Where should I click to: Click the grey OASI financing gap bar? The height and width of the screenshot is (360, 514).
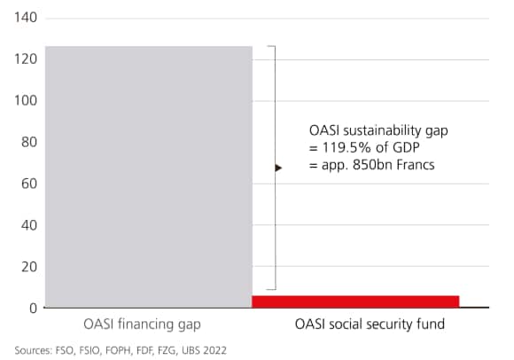click(149, 176)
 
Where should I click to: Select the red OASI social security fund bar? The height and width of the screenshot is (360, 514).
click(355, 301)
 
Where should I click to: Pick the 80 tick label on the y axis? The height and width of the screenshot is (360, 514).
click(27, 143)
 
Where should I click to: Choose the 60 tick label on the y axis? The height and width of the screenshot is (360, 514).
click(27, 184)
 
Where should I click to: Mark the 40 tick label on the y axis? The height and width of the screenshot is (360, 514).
click(27, 225)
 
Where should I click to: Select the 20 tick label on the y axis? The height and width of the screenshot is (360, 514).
click(27, 267)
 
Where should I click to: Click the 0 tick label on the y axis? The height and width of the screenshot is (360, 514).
click(31, 309)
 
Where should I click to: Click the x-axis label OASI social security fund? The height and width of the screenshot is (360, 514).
click(370, 325)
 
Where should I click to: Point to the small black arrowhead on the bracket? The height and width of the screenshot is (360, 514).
click(278, 167)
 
